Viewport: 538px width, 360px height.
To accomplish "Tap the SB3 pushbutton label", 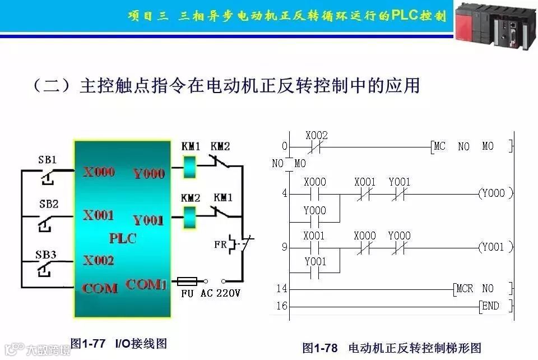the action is (48, 255).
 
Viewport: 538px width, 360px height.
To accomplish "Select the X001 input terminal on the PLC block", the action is (99, 215).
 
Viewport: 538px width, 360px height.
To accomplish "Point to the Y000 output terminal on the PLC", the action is (149, 173).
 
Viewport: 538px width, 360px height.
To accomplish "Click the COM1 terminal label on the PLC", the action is (146, 285).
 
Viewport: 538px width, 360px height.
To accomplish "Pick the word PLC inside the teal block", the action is (123, 238).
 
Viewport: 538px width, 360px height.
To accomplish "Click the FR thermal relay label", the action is (220, 244).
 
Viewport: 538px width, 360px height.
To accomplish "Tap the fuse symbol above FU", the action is (190, 280).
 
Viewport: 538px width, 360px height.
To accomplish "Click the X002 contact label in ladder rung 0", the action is (317, 136).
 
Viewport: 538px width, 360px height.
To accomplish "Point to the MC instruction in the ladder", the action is (440, 147).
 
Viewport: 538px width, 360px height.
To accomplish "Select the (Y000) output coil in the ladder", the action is (491, 194).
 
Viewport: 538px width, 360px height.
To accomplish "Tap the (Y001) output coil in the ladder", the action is (491, 247).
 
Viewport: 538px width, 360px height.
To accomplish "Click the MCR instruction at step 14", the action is (465, 289).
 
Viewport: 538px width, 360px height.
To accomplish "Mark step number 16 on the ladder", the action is (282, 306).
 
